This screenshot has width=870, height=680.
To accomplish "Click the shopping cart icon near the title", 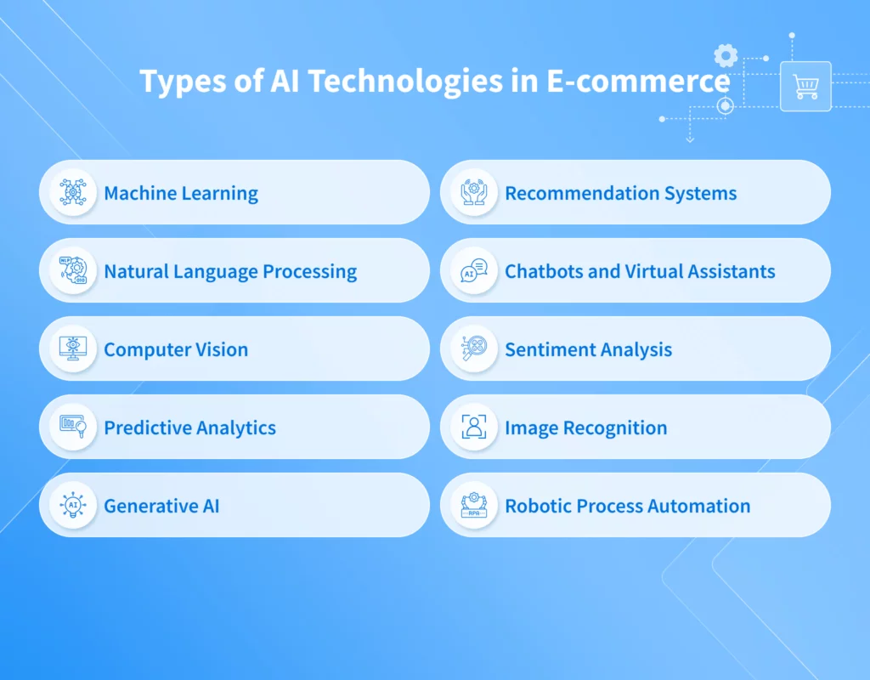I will [x=805, y=87].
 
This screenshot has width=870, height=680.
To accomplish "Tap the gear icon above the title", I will [x=725, y=56].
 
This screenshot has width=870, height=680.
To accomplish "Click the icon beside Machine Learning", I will [x=73, y=192].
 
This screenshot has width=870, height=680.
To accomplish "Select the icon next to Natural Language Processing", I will [x=73, y=270].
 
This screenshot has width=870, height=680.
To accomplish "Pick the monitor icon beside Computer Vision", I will [x=73, y=348].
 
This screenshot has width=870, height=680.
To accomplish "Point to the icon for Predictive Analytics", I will [x=73, y=427].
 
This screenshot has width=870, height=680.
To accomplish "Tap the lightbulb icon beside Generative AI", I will [x=73, y=505].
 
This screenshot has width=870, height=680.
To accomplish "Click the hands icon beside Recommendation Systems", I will [x=474, y=192].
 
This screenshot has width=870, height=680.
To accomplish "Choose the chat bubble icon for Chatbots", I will [x=474, y=270].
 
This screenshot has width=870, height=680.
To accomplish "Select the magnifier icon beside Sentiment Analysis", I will [x=474, y=348].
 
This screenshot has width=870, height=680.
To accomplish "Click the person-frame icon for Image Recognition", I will [x=474, y=427].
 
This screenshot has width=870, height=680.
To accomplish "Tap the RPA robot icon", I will [x=474, y=505].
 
